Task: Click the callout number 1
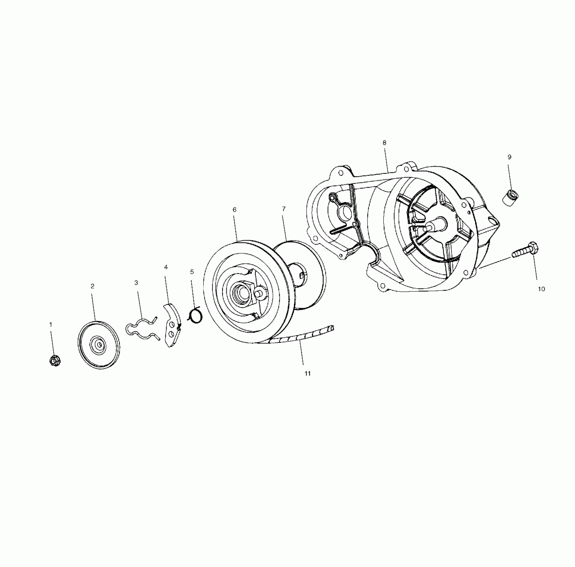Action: pos(51,325)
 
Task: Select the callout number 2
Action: pos(92,286)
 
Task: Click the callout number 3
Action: pos(136,283)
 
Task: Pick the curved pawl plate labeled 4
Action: pos(172,325)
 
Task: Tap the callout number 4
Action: pos(166,267)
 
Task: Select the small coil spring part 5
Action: pos(196,315)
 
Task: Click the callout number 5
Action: pos(192,272)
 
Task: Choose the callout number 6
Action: pos(234,210)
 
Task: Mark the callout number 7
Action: pos(284,209)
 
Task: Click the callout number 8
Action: pos(384,143)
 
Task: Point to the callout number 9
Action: pos(510,157)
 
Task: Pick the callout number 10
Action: pos(541,289)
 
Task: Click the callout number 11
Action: pos(308,374)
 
